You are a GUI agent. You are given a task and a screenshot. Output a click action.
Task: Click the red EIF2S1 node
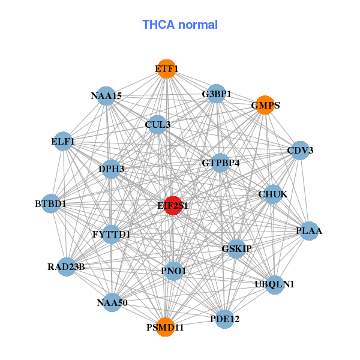[173, 206]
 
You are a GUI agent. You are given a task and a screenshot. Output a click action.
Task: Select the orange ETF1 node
[166, 69]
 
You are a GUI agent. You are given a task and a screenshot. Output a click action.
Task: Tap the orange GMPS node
[265, 105]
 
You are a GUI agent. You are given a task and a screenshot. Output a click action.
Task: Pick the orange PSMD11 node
[165, 327]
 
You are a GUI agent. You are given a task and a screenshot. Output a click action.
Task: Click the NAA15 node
[106, 95]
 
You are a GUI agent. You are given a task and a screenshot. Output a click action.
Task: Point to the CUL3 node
[157, 125]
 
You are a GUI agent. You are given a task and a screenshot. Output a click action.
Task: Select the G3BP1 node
[217, 94]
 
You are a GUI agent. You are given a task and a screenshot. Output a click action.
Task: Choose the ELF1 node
[63, 142]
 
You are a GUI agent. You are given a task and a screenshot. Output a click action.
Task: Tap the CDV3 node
[300, 150]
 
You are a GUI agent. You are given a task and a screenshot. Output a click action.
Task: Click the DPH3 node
[112, 169]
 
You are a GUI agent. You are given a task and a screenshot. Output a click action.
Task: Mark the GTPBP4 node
[220, 163]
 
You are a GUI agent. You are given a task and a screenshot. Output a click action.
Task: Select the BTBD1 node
[51, 204]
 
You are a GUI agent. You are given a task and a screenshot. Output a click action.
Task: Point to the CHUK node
[273, 194]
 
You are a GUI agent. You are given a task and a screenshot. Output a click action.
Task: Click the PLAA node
[309, 231]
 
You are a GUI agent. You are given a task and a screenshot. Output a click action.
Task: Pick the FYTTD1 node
[112, 234]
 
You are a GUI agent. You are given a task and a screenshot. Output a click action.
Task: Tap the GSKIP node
[236, 248]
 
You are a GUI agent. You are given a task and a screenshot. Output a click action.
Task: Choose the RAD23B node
[66, 266]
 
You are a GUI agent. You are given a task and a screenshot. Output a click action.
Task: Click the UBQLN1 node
[274, 284]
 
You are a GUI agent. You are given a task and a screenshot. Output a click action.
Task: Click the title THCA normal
[180, 25]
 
